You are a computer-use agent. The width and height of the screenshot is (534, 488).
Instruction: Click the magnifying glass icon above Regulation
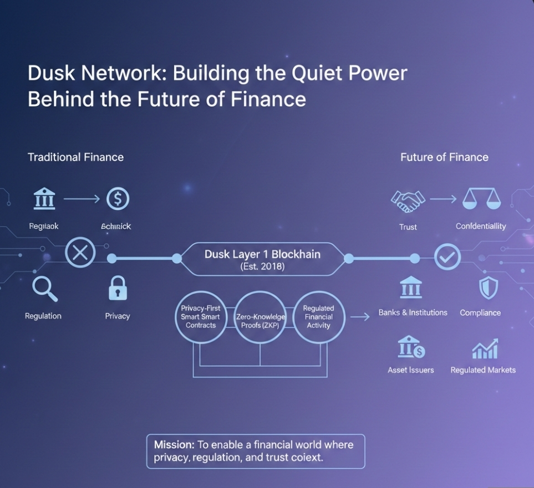tap(44, 288)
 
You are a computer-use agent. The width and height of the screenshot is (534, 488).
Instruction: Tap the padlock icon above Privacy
tap(118, 288)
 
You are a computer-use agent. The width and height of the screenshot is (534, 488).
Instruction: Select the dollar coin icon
tap(118, 199)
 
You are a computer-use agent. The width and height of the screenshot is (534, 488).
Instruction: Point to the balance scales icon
tap(481, 199)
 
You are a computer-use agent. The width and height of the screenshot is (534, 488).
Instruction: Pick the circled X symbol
tap(80, 254)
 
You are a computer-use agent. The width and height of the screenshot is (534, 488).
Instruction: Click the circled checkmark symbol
tap(447, 256)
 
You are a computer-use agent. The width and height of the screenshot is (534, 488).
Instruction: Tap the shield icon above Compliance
tap(488, 288)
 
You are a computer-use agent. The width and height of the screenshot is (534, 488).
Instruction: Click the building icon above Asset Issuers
tap(411, 347)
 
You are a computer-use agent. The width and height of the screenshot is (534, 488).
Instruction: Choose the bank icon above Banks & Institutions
tap(411, 288)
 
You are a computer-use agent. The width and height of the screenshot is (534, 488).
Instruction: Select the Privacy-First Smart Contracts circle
tap(200, 317)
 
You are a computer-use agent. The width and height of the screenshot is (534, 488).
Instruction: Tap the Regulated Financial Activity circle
tap(318, 317)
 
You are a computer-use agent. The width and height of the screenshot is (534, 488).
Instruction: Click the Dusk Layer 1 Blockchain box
tap(262, 259)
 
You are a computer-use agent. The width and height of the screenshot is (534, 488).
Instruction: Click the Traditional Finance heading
tap(75, 157)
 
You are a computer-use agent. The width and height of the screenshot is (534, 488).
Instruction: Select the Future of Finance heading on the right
tap(444, 157)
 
